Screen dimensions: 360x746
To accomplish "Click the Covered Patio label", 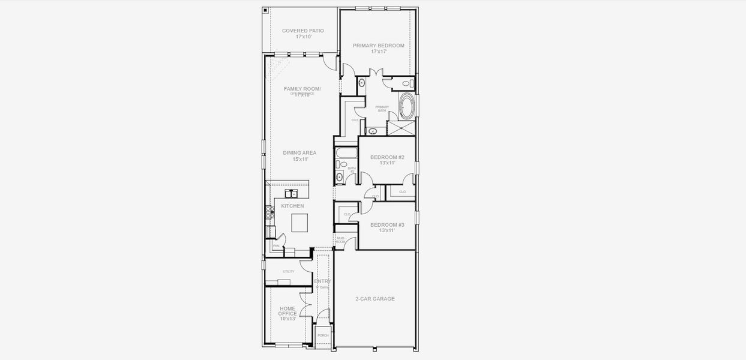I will (x=303, y=31).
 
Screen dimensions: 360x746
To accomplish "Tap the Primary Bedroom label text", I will (x=378, y=46).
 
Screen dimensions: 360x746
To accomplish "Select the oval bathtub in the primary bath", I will (x=406, y=107).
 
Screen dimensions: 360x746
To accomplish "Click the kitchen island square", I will (x=299, y=223).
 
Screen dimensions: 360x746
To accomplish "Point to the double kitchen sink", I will (x=291, y=193).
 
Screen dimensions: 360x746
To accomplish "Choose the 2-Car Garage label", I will (x=375, y=299).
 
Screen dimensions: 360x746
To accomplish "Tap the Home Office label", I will (x=287, y=311).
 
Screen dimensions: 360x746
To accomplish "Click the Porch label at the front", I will (x=323, y=335).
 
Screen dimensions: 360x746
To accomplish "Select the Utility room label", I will (x=289, y=271).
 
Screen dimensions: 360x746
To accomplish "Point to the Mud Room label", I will (x=340, y=240).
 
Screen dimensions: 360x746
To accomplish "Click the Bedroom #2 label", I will (x=387, y=157).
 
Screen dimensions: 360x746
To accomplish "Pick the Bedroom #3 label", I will (x=387, y=225).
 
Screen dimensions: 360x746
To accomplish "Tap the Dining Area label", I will (x=299, y=153).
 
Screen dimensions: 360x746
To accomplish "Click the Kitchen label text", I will (x=292, y=206).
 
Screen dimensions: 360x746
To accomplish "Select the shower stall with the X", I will (x=401, y=128).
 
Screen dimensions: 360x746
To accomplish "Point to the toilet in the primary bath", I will (x=406, y=83).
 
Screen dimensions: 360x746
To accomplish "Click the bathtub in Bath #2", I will (x=346, y=152).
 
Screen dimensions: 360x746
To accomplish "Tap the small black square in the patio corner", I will (x=265, y=10).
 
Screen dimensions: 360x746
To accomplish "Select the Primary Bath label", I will (x=382, y=109).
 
